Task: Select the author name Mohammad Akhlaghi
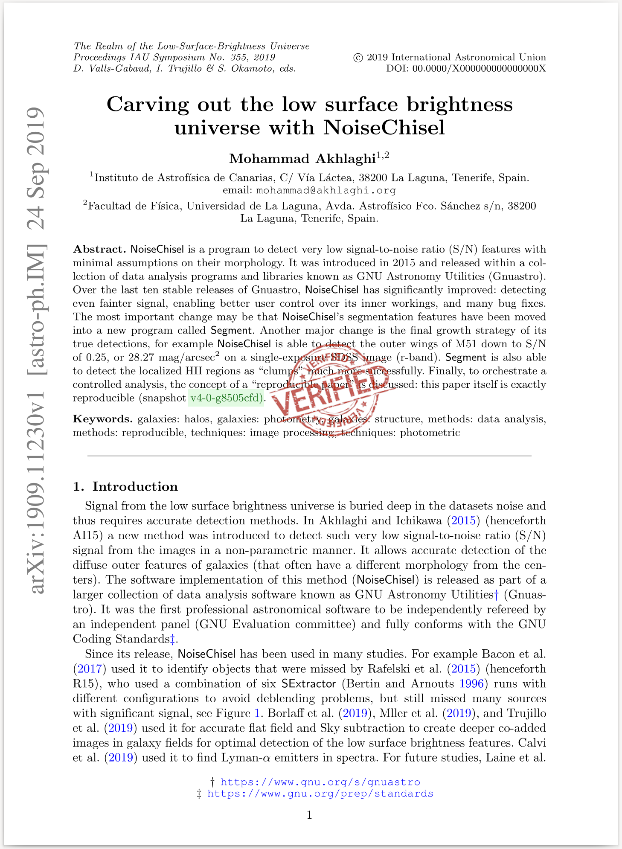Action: click(302, 159)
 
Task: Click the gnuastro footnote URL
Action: click(320, 782)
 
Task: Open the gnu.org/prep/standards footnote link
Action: click(320, 794)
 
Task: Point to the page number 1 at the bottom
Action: click(310, 815)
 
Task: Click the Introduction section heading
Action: click(135, 487)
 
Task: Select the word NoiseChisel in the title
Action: click(384, 128)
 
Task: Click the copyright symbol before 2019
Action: click(358, 58)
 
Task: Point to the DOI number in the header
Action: click(479, 68)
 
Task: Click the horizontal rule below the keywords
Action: click(309, 456)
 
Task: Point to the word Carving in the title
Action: click(148, 105)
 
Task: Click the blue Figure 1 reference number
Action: click(257, 713)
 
